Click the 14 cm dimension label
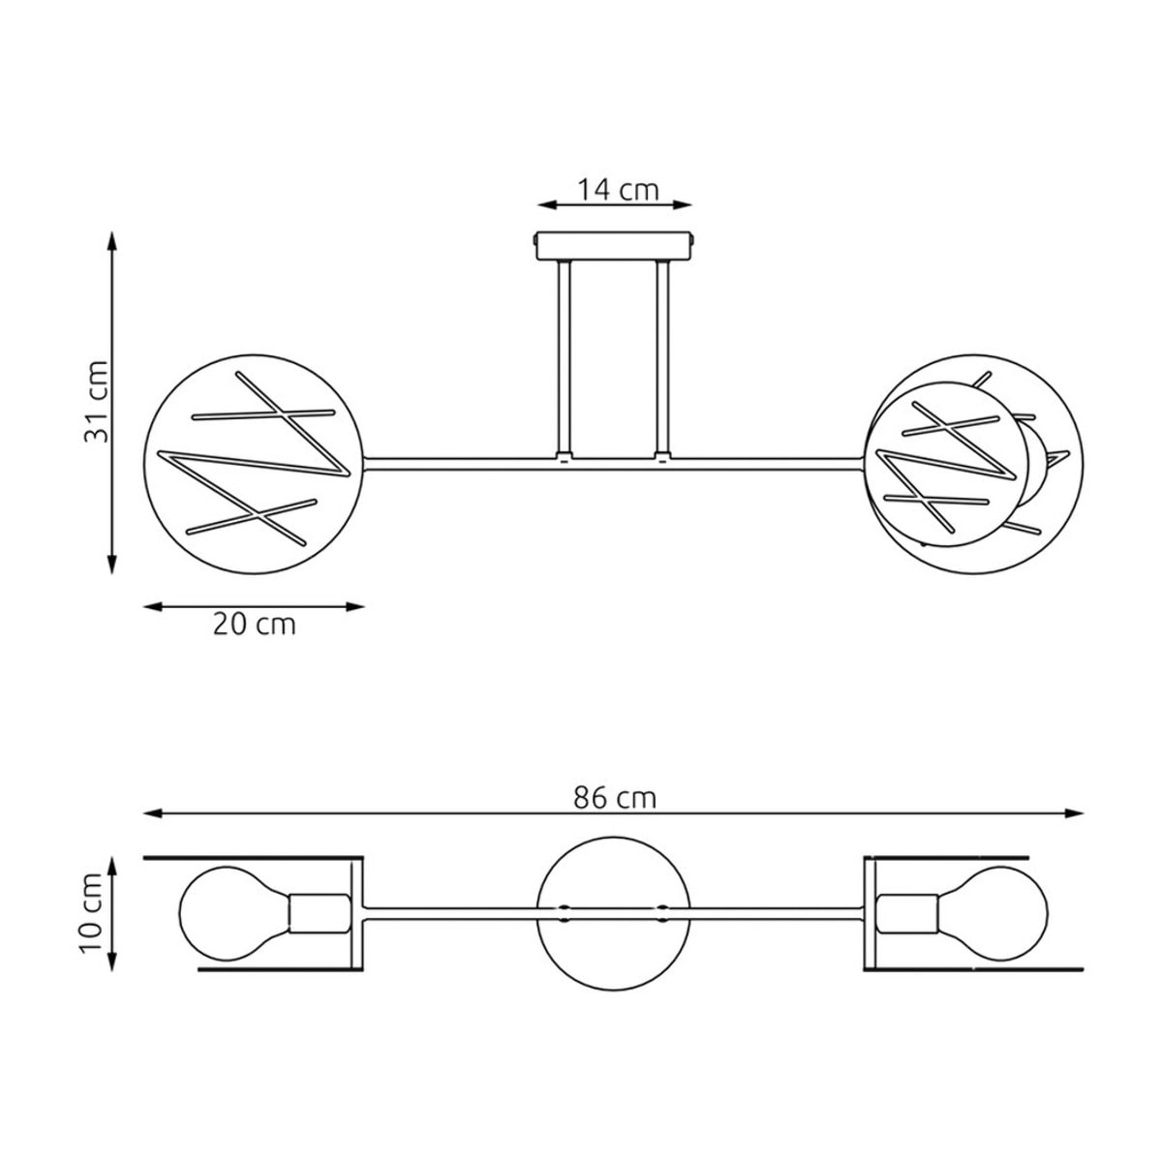coord(618,190)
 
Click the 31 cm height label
coord(96,402)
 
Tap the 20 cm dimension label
coord(255,625)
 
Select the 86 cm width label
coord(615,798)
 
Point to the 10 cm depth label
coord(92,913)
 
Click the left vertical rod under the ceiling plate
coord(564,359)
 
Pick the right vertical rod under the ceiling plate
coord(662,359)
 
